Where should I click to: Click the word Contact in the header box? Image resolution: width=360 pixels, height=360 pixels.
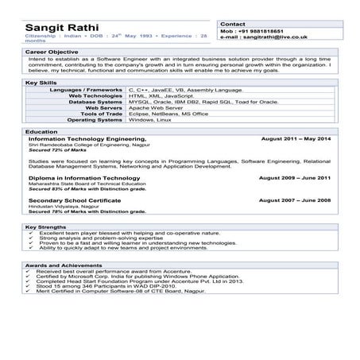click(x=232, y=25)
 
